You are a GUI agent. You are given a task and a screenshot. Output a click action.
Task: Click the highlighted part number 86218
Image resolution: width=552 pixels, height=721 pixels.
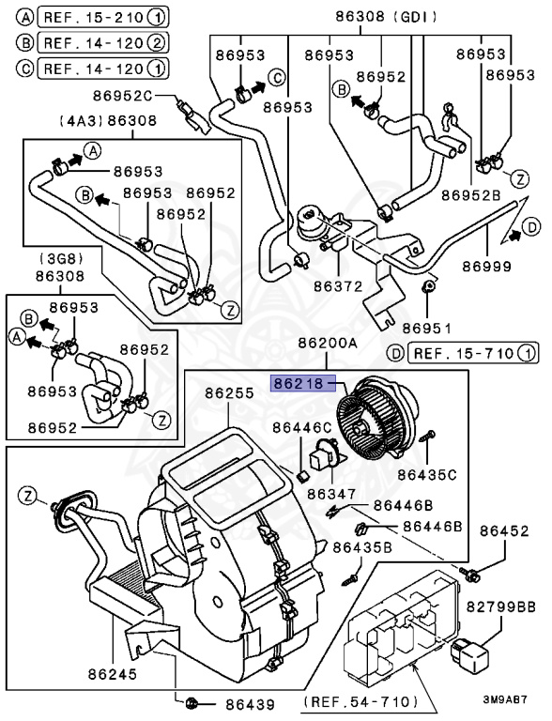click(x=303, y=383)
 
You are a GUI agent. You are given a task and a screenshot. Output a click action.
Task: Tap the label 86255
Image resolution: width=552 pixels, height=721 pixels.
click(x=230, y=393)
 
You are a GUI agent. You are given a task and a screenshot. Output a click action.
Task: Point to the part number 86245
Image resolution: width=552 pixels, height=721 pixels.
click(x=113, y=674)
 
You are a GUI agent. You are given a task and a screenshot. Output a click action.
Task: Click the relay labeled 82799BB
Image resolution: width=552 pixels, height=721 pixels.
click(x=469, y=652)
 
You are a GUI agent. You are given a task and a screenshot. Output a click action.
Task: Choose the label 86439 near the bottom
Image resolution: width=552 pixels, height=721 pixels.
click(x=250, y=704)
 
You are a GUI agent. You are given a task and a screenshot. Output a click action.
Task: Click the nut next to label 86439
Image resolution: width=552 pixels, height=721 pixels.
click(x=191, y=703)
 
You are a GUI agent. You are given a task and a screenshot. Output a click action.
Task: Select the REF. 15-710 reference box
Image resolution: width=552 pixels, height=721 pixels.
click(x=473, y=353)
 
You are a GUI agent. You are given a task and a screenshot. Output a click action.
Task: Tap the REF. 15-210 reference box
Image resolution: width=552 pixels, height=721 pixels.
click(x=103, y=18)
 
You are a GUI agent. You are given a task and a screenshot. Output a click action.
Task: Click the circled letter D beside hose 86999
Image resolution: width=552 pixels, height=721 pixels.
click(x=531, y=227)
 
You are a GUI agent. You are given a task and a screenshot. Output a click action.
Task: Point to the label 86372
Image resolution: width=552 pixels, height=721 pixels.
click(x=338, y=286)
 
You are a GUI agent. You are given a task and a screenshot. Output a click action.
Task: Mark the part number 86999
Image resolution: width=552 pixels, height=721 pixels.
click(x=486, y=267)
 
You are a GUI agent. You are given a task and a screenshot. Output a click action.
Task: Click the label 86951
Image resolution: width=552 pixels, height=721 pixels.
click(x=427, y=329)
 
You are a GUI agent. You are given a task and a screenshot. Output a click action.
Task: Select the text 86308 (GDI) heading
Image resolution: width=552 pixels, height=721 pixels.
click(x=387, y=17)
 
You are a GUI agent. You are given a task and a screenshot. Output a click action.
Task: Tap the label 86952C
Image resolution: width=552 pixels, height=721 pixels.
click(x=122, y=96)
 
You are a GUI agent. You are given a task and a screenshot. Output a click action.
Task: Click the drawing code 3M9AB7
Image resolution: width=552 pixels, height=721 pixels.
click(x=505, y=699)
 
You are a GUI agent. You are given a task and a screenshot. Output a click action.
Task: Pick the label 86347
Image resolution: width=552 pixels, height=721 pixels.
click(x=331, y=494)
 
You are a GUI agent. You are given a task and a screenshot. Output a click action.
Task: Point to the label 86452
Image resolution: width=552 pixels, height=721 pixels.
click(x=505, y=531)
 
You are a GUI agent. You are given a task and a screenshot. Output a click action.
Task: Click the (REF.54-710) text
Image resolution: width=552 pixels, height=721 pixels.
click(x=360, y=701)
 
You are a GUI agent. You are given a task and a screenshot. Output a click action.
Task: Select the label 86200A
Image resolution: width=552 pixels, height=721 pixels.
click(x=328, y=343)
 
